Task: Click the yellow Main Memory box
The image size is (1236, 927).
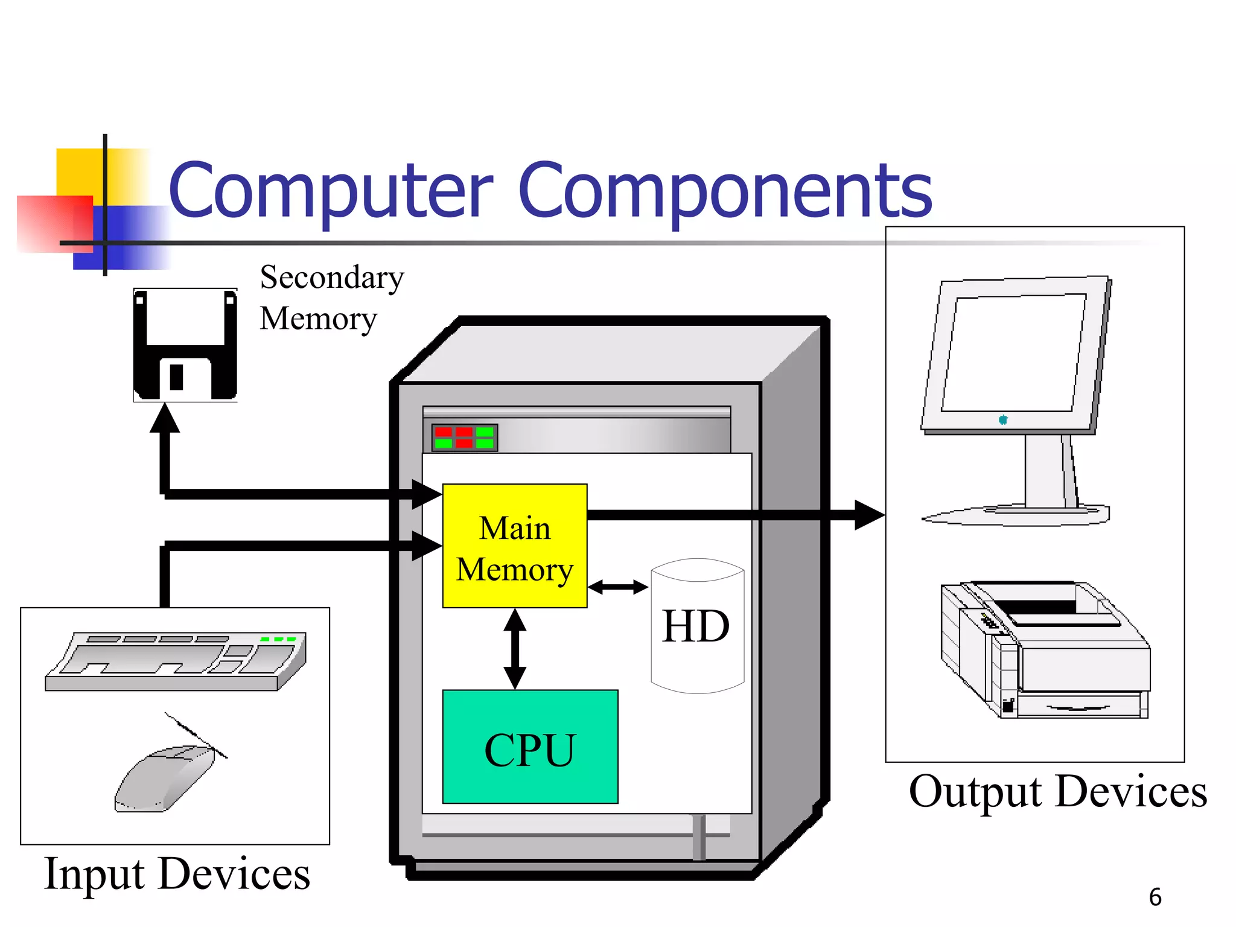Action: pos(514,546)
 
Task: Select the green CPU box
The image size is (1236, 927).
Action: pos(530,747)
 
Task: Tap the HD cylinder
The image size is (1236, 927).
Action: pos(697,626)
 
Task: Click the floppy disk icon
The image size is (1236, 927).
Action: pos(185,345)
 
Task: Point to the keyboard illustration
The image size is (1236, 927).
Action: pos(176,661)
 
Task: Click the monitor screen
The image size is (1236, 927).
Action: pos(1014,353)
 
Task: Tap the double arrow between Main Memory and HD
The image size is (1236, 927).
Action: pos(617,587)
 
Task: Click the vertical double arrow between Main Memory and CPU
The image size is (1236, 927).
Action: pos(515,648)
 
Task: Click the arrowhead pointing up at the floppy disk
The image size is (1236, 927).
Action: pos(165,418)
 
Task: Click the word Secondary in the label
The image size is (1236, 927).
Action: pos(332,278)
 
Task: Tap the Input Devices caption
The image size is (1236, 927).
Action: pos(177,873)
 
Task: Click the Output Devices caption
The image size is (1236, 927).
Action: pos(1057,791)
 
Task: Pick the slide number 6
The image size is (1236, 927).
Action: pos(1155,897)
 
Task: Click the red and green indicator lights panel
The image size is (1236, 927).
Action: pos(464,438)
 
